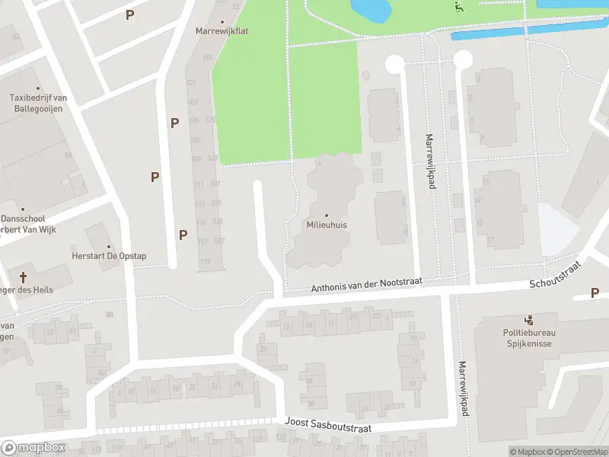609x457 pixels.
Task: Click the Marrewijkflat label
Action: tap(222, 31)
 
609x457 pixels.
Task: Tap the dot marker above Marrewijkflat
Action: tap(222, 21)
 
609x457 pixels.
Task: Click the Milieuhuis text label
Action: tap(327, 225)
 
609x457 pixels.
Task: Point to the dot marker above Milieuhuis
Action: tap(327, 216)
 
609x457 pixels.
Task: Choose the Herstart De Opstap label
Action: tap(109, 257)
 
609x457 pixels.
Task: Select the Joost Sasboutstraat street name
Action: tap(328, 427)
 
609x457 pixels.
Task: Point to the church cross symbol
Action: tap(23, 276)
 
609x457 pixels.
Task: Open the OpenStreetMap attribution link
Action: tap(575, 452)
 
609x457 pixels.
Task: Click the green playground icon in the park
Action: tap(459, 8)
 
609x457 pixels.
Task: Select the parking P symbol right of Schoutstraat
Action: tap(595, 293)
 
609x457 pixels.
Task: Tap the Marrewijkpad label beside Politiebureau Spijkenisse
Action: tap(462, 388)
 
